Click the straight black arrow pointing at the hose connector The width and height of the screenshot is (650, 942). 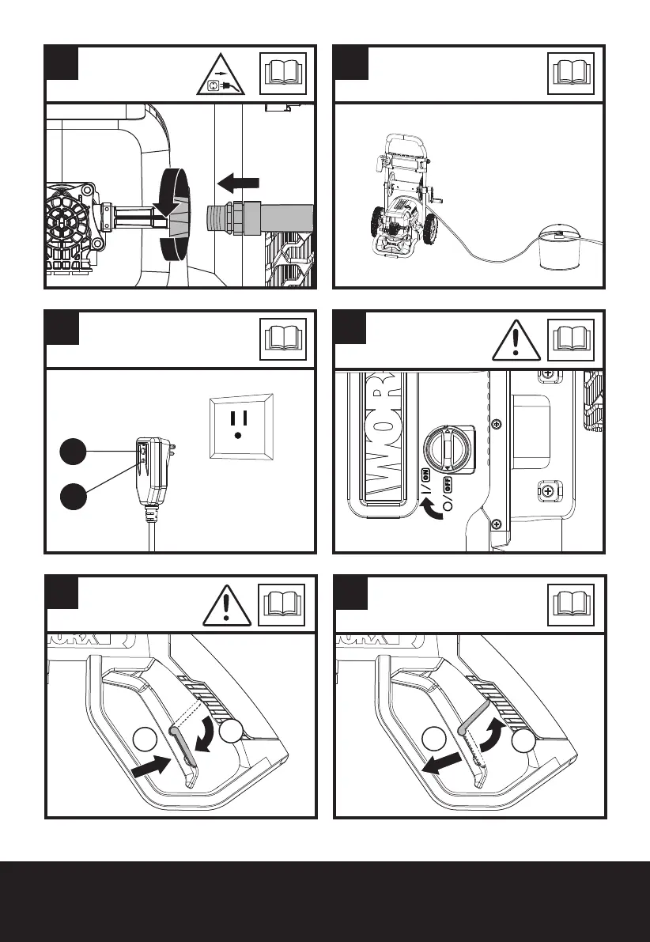click(239, 183)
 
